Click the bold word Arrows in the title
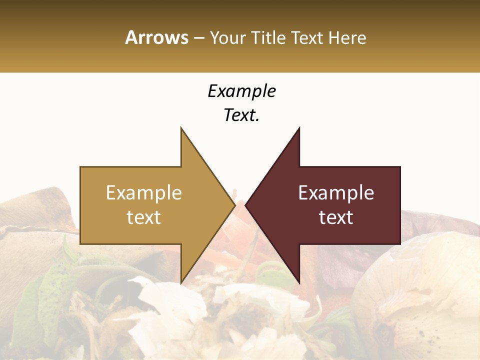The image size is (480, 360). point(156,37)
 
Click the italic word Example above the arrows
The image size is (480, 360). point(241,91)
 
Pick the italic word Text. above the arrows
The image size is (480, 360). point(241,115)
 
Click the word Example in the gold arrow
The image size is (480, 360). point(143,192)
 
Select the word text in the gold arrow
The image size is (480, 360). point(143,217)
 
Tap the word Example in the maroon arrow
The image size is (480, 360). point(336,192)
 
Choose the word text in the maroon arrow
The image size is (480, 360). point(336,217)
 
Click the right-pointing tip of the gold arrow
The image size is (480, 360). point(234,205)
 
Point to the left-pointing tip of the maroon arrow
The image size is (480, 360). point(246,205)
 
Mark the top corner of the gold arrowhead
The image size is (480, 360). point(181,128)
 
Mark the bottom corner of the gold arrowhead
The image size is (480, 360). point(181,282)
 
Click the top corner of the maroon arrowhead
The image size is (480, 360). point(299,128)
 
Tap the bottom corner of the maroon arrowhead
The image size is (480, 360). point(299,282)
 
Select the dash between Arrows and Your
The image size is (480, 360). point(198,38)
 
